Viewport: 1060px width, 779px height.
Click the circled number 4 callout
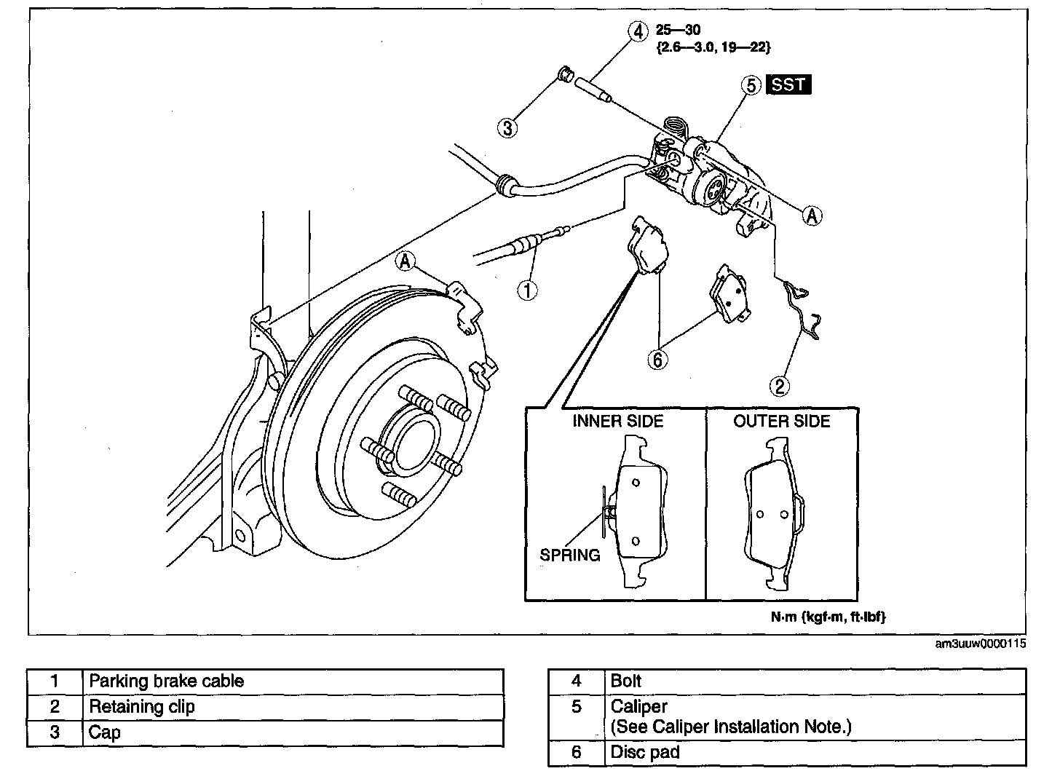click(x=638, y=32)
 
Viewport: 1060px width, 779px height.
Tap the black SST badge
click(x=788, y=84)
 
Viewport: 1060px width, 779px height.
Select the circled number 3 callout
click(x=507, y=128)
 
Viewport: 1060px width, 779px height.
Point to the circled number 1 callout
click(x=528, y=290)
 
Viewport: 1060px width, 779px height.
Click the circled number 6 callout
click(x=658, y=360)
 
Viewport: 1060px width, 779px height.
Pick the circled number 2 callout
click(x=780, y=386)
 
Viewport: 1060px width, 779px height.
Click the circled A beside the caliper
click(x=812, y=215)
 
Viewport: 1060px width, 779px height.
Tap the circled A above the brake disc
click(x=405, y=261)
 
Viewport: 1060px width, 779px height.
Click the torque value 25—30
click(x=678, y=31)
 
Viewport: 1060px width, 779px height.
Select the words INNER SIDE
click(x=617, y=422)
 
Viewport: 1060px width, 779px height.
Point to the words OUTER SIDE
click(x=782, y=422)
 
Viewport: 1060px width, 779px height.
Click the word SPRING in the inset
click(x=570, y=555)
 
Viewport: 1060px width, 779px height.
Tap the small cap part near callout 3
click(x=566, y=75)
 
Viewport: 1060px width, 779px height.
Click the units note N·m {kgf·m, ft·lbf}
click(x=828, y=617)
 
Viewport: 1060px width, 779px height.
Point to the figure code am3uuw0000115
click(x=981, y=644)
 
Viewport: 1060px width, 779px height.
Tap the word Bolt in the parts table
click(x=625, y=681)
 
